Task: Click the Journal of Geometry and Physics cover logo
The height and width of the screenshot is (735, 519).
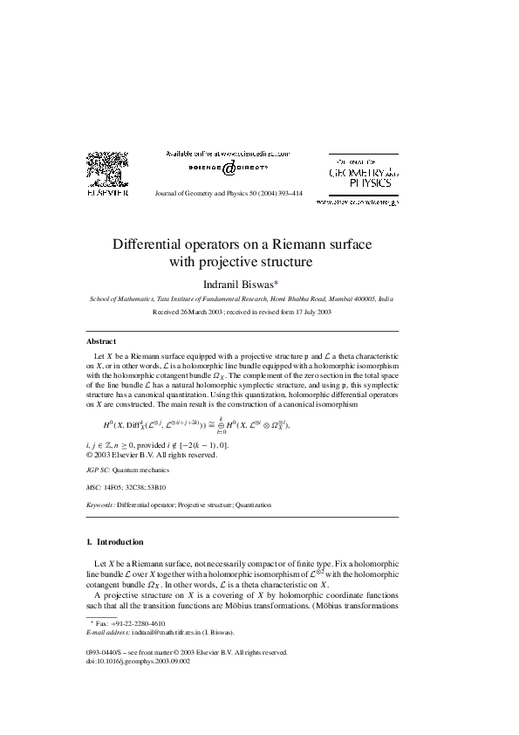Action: [363, 173]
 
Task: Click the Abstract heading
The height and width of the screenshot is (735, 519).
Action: [101, 341]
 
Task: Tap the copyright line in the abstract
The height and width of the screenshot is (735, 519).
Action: [152, 455]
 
